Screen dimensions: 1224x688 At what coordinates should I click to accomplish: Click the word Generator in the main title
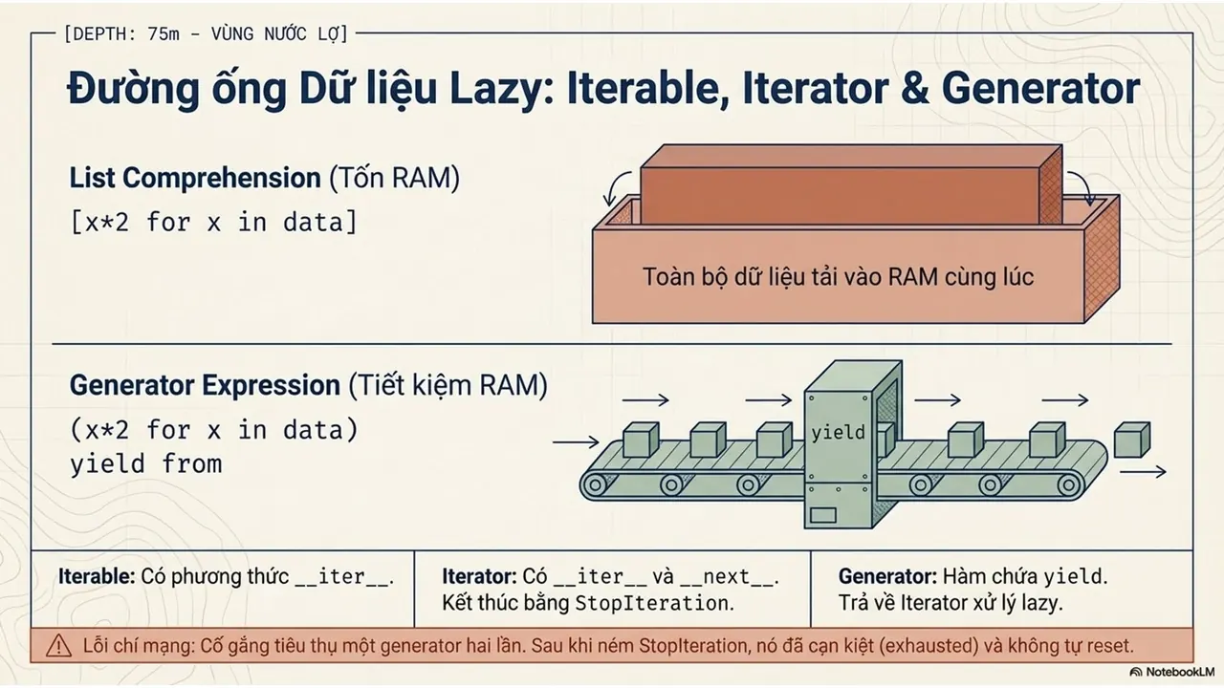(x=1041, y=89)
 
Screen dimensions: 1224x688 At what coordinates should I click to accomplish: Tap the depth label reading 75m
(x=163, y=33)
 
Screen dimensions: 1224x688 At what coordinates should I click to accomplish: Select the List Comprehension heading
(x=195, y=178)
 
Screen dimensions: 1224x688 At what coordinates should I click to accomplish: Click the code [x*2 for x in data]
(x=213, y=223)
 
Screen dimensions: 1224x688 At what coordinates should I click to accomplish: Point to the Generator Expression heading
(x=205, y=385)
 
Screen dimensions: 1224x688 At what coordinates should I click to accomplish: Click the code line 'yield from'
(x=146, y=464)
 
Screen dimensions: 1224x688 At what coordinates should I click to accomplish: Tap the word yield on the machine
(x=839, y=433)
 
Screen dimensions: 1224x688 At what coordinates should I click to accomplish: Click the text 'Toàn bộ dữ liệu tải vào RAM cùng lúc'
(x=839, y=276)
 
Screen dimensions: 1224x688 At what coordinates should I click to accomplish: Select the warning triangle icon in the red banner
(x=58, y=646)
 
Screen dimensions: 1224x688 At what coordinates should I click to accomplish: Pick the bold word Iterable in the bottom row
(x=97, y=576)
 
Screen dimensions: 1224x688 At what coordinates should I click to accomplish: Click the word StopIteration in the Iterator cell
(x=652, y=603)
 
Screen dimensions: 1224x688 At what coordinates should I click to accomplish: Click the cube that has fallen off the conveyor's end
(x=1131, y=440)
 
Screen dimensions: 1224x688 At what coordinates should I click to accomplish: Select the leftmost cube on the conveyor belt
(x=641, y=440)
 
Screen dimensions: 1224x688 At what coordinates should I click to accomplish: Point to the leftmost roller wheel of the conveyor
(x=596, y=484)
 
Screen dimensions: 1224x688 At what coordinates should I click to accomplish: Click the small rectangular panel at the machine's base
(x=823, y=515)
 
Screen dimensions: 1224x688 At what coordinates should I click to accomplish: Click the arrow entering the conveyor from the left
(x=576, y=441)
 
